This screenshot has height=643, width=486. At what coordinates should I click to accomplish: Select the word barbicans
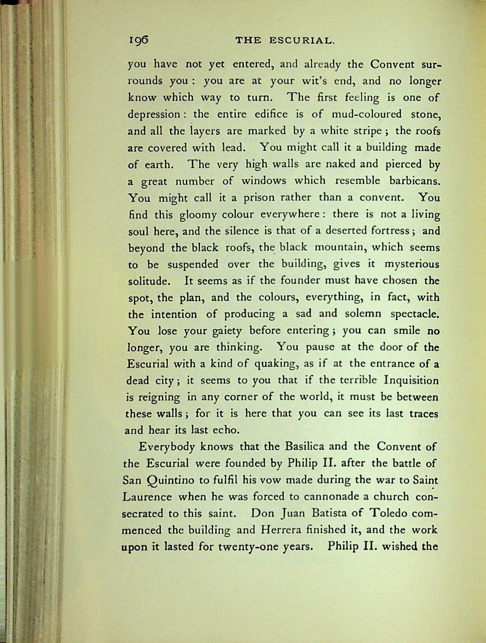pos(415,181)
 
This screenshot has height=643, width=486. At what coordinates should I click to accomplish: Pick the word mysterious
pos(411,264)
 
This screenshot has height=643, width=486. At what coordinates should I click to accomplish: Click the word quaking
pos(277,364)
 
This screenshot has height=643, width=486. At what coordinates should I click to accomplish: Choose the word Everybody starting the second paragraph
pos(166,447)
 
